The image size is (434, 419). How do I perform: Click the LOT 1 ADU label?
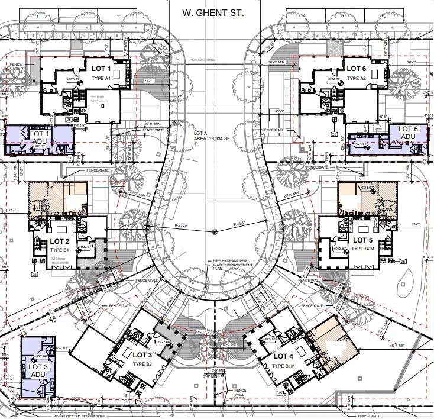coord(38,137)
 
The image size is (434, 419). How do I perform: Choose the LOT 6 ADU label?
coord(409,133)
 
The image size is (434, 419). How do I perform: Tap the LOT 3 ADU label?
coord(36,370)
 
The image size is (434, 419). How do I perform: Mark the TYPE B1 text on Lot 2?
coord(60,250)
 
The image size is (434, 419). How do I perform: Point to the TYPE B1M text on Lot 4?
coord(282,366)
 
